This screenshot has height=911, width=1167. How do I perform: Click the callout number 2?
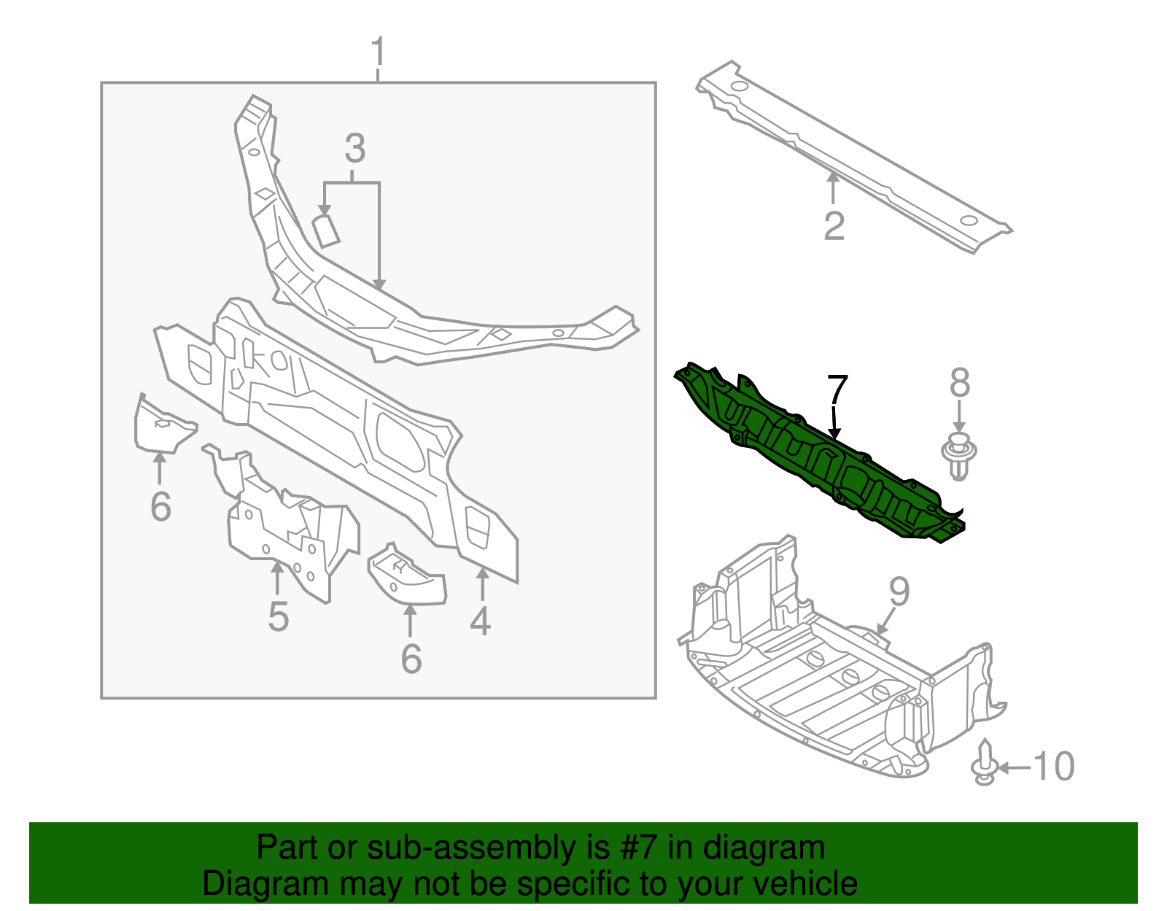(x=834, y=226)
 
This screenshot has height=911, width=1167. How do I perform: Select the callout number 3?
(x=354, y=149)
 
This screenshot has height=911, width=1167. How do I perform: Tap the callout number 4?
(x=480, y=621)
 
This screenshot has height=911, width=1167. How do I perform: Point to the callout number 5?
(x=278, y=616)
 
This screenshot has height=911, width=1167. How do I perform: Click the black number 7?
(x=837, y=392)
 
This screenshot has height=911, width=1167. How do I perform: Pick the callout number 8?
(x=959, y=383)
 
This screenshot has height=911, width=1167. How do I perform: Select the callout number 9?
(x=899, y=592)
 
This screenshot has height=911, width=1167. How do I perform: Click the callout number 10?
(x=1054, y=767)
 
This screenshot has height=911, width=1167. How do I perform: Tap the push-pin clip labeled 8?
(x=959, y=457)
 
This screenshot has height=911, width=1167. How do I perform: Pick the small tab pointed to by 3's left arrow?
(x=326, y=230)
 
